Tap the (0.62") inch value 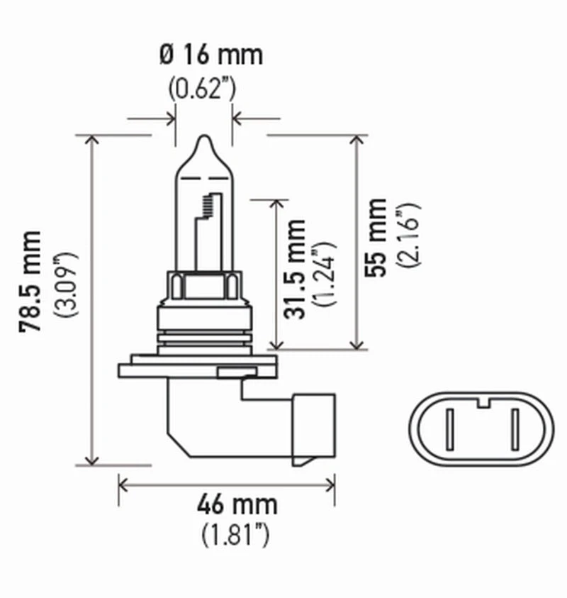pyautogui.click(x=203, y=89)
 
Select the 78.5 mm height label pyautogui.click(x=33, y=281)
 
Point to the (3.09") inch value pyautogui.click(x=69, y=284)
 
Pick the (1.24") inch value pyautogui.click(x=328, y=273)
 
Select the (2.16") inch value pyautogui.click(x=409, y=235)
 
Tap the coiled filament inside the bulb pyautogui.click(x=208, y=206)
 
